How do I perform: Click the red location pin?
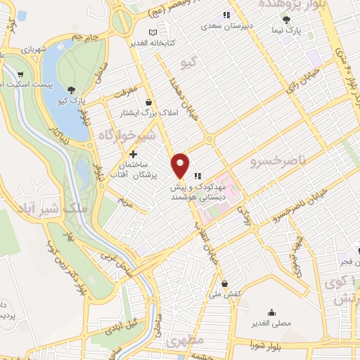181,164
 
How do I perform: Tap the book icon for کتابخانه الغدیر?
153,32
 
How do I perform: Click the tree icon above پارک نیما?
285,20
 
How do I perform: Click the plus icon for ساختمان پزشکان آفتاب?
133,154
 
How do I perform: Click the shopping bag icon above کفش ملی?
224,284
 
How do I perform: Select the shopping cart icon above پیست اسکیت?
20,75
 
